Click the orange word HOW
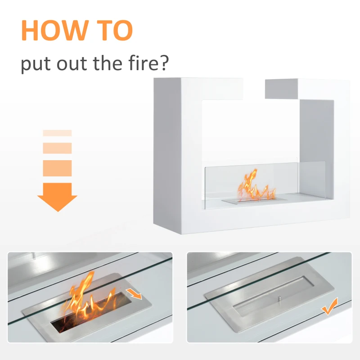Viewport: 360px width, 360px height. pyautogui.click(x=55, y=31)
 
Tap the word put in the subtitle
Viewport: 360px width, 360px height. pyautogui.click(x=36, y=64)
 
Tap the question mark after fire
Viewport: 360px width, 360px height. pyautogui.click(x=165, y=63)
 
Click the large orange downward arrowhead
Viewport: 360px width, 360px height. pyautogui.click(x=57, y=197)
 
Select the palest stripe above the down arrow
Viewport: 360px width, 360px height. pyautogui.click(x=57, y=133)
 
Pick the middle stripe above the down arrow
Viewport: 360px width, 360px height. pyautogui.click(x=57, y=148)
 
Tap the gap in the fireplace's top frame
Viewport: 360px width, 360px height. pyautogui.click(x=254, y=89)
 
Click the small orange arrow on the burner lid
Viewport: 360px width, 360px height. pyautogui.click(x=134, y=294)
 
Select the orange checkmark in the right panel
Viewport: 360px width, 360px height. pyautogui.click(x=330, y=306)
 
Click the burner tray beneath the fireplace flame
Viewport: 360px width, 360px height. pyautogui.click(x=254, y=201)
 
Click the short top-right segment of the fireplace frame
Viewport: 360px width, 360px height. pyautogui.click(x=282, y=89)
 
